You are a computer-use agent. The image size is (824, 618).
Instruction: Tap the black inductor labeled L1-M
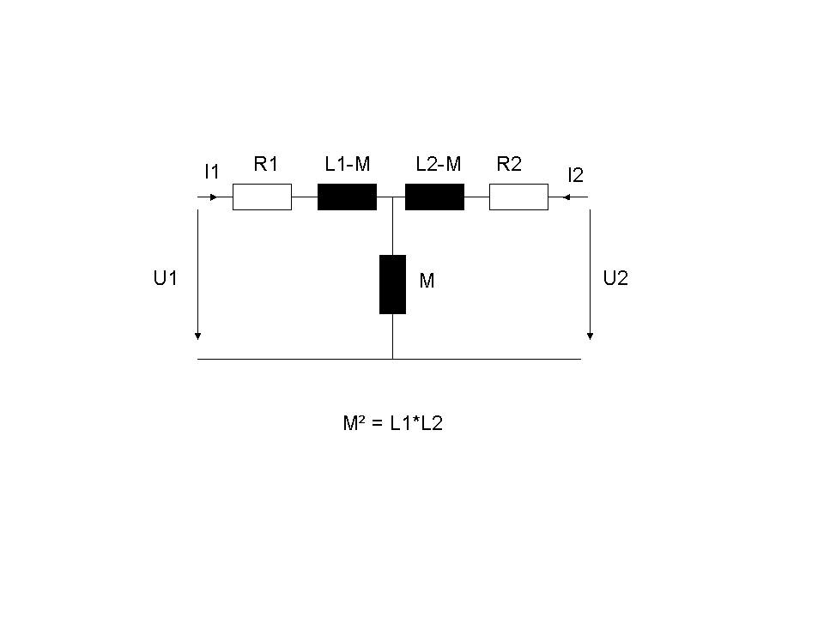347,197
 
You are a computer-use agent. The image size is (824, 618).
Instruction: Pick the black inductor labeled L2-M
434,197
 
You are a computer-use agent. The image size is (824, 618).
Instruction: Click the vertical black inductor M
392,284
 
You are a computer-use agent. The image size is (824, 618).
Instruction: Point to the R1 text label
266,164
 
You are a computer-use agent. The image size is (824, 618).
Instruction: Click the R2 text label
509,164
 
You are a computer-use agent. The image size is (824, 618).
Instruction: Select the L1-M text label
348,164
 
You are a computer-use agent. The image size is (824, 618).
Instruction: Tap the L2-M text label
439,164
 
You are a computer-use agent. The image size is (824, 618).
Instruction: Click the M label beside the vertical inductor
427,281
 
